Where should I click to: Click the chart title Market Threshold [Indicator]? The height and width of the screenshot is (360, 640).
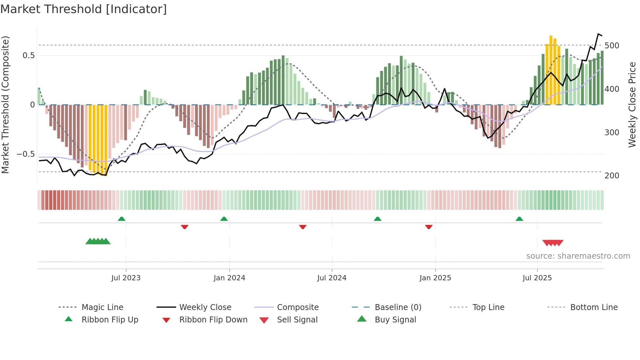(x=84, y=9)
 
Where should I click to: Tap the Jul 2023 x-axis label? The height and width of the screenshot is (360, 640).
(x=126, y=278)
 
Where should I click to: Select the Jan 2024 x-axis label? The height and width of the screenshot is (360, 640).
(x=229, y=278)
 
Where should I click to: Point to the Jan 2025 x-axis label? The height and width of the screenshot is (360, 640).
(x=435, y=278)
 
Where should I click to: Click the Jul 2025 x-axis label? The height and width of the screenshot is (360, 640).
(x=537, y=278)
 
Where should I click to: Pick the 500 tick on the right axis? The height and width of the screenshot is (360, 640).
(x=612, y=46)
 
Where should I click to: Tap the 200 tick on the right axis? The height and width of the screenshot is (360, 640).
(x=612, y=176)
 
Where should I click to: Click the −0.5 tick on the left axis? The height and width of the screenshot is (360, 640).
(x=25, y=154)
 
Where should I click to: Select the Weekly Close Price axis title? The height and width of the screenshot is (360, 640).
(x=632, y=105)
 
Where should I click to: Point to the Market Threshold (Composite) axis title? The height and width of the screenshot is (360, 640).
(x=5, y=105)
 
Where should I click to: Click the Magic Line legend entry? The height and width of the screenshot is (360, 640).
(x=102, y=307)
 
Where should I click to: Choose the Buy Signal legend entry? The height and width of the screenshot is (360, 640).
(x=395, y=320)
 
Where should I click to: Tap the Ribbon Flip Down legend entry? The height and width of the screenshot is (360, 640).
(x=213, y=320)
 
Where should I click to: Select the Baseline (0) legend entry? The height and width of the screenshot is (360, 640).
(x=398, y=307)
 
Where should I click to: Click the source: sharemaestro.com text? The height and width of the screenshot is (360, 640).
(x=578, y=256)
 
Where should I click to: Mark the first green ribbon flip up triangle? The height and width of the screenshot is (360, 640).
(x=121, y=219)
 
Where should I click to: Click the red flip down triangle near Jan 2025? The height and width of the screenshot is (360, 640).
(x=429, y=227)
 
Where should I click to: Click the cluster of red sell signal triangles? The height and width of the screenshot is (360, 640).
(x=553, y=243)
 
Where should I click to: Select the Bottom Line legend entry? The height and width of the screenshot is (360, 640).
(x=594, y=307)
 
